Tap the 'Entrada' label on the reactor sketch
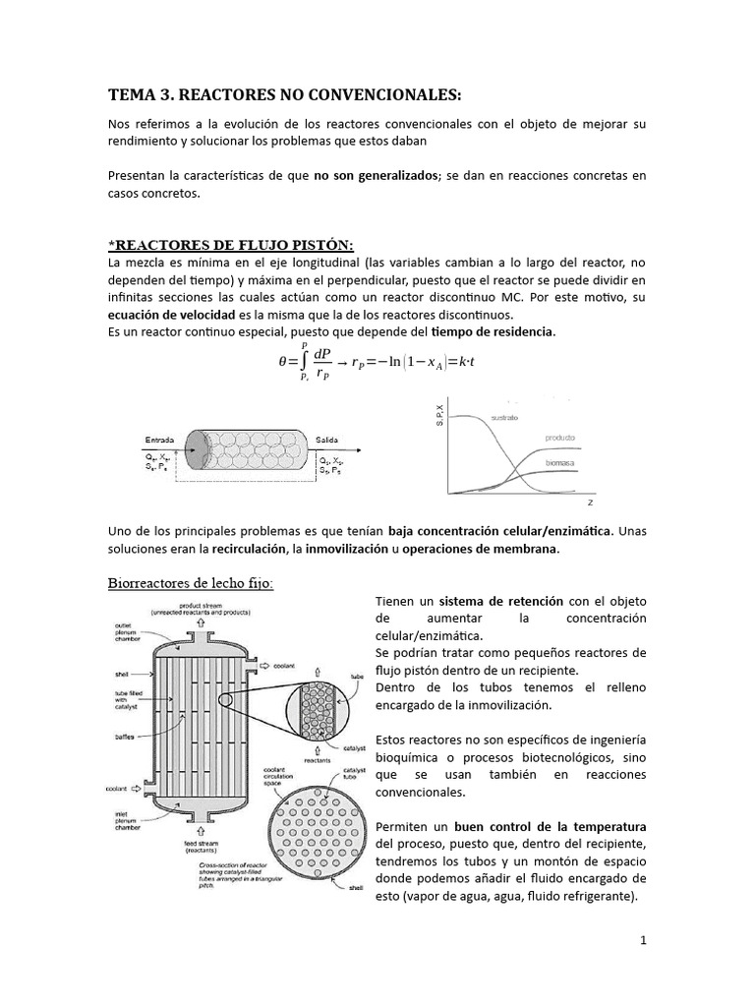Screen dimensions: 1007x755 tap(161, 440)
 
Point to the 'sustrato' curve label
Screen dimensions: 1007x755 tap(504, 417)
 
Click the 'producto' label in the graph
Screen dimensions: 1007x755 tap(559, 437)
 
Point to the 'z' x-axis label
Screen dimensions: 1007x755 tap(589, 502)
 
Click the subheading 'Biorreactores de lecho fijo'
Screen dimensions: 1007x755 tap(191, 583)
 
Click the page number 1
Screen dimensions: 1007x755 tap(643, 940)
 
